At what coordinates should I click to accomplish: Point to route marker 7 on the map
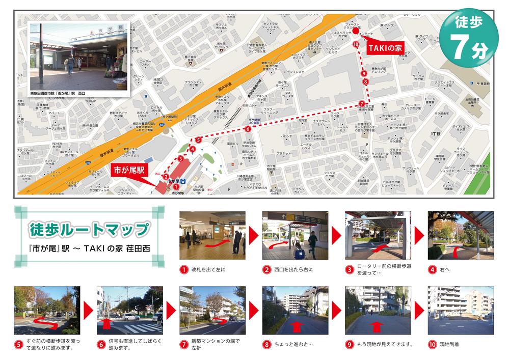(362, 103)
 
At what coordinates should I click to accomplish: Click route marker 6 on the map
(248, 129)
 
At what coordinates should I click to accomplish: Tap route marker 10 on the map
(356, 44)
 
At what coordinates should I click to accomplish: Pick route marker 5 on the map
(198, 140)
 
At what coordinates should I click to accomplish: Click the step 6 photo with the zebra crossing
(130, 310)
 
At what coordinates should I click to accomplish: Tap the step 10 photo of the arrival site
(461, 310)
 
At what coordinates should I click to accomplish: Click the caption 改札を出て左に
(208, 269)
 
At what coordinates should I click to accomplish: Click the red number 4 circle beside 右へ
(432, 269)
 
